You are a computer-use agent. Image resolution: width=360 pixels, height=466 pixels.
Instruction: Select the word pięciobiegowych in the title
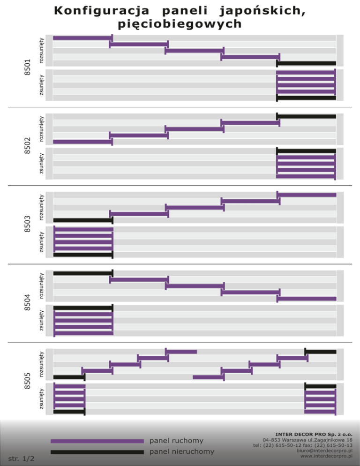coord(180,24)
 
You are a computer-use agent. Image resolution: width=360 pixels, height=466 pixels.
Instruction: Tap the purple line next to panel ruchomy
coord(97,441)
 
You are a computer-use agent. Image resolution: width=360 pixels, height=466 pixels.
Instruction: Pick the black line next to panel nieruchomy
coord(97,452)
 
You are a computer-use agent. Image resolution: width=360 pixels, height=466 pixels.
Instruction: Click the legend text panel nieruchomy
coord(181,451)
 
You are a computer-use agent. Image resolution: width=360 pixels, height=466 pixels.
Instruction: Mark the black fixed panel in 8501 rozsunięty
coord(307,63)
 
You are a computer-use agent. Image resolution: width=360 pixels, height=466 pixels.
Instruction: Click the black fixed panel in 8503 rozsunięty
coord(83,220)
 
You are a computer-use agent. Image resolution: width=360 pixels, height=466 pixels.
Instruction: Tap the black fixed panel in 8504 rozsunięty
coord(83,273)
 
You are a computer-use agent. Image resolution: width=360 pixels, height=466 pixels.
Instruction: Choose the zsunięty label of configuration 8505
coord(42,398)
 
